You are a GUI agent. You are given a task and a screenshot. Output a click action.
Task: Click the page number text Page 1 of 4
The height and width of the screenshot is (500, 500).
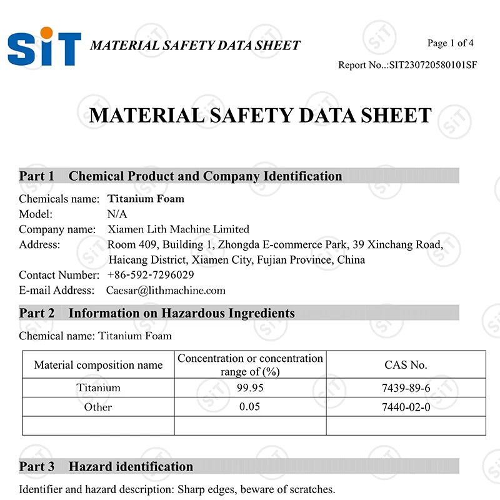(450, 43)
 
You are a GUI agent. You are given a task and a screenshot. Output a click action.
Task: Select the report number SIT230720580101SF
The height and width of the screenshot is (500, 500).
(433, 65)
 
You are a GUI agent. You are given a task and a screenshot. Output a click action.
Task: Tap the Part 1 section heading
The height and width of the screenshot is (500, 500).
(181, 176)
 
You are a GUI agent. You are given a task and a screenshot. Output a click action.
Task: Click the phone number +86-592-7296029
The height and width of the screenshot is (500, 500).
(151, 275)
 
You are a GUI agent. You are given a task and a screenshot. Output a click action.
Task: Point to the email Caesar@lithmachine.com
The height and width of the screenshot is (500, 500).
(166, 290)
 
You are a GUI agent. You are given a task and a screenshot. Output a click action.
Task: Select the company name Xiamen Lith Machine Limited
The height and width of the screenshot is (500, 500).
(178, 229)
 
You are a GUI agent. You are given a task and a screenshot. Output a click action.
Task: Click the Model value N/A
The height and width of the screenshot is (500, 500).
(117, 214)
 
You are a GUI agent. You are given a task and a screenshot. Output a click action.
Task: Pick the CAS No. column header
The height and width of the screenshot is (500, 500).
(406, 365)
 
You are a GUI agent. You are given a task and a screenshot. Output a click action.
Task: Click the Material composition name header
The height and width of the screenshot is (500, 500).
(98, 365)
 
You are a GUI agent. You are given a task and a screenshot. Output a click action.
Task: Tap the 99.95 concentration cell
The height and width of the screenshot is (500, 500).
(250, 387)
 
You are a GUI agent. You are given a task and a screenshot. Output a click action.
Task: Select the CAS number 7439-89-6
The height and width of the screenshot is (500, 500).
(406, 388)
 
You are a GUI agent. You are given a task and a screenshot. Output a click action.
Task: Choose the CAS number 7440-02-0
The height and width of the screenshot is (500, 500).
(406, 407)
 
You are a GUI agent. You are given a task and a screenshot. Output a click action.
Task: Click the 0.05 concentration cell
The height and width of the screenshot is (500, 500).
(250, 407)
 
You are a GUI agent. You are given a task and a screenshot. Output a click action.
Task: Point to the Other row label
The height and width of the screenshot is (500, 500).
(98, 407)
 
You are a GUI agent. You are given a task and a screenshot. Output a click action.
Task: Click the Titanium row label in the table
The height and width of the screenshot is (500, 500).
(98, 388)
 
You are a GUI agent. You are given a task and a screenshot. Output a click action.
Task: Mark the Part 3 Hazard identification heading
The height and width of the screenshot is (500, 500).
(106, 466)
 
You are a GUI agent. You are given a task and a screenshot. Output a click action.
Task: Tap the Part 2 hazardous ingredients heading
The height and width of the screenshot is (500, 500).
(157, 313)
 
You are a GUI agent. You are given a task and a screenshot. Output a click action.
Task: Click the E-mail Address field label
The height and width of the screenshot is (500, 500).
(56, 290)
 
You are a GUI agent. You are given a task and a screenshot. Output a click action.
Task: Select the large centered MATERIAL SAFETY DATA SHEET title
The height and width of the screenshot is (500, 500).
(261, 116)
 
